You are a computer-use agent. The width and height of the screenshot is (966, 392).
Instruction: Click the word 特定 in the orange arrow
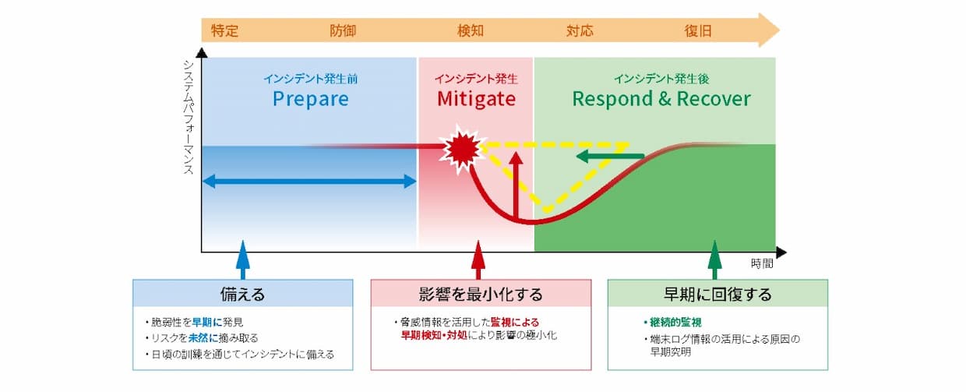tap(224, 31)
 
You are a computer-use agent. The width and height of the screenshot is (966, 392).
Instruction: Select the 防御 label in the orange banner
tap(343, 31)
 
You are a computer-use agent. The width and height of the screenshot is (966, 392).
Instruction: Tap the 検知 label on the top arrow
tap(471, 31)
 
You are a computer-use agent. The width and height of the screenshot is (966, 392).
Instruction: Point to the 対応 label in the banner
tap(580, 31)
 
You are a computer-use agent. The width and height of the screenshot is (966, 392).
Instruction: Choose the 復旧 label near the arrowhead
tap(698, 31)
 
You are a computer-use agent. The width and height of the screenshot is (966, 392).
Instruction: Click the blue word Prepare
tap(311, 99)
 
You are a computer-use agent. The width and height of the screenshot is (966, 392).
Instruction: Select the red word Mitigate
tap(476, 99)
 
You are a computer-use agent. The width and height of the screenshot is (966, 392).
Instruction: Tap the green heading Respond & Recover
tap(661, 99)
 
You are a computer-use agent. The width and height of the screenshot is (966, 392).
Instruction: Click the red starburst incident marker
tap(462, 149)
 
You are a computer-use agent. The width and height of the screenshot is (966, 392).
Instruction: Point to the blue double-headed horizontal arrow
tap(309, 182)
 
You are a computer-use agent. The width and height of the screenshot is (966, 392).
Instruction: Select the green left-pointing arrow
tap(610, 157)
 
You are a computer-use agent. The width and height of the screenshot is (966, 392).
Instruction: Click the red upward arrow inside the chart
tap(516, 185)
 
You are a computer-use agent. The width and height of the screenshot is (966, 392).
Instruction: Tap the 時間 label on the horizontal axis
tap(762, 263)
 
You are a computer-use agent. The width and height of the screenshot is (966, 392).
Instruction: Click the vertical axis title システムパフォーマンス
tap(189, 118)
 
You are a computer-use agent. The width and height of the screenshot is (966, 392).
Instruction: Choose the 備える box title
tap(243, 294)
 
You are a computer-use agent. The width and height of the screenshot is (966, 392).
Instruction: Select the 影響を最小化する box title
tap(481, 294)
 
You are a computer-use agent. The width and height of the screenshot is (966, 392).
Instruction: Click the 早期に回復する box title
tap(717, 294)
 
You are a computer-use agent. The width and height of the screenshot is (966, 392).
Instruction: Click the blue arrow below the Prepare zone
tap(243, 260)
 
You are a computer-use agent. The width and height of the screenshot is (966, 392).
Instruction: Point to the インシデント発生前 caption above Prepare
tap(311, 79)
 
